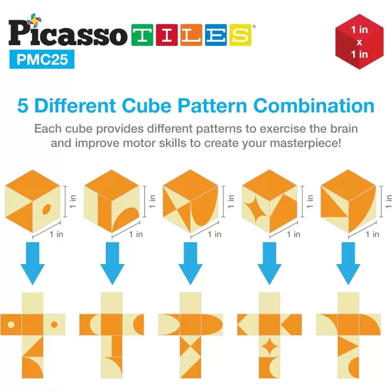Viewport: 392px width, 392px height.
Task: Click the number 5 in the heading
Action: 25,105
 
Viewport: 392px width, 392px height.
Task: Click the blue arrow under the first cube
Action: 33,262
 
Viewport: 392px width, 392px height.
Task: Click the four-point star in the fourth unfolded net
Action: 269,345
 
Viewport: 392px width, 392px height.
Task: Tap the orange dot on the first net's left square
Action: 11,324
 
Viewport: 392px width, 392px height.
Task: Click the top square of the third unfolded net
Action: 189,303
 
